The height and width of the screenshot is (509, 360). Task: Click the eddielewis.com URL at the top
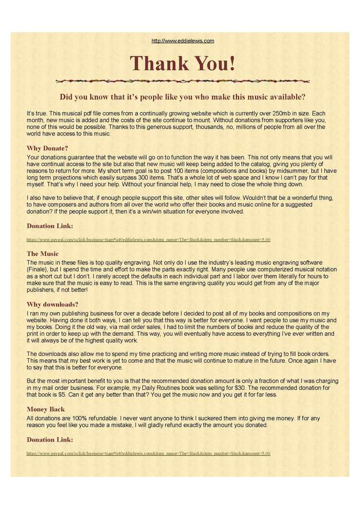tap(183, 40)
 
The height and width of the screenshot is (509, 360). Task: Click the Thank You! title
tap(183, 63)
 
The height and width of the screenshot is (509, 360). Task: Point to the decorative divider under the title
tap(183, 81)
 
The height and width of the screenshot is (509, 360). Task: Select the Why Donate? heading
tap(47, 148)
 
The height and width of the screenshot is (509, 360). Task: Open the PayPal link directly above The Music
tap(148, 240)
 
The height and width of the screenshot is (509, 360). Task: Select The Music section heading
tap(43, 254)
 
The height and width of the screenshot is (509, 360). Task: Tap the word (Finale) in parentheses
tap(38, 270)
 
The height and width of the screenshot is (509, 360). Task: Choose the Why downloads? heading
tap(52, 304)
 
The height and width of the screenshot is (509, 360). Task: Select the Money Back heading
tap(46, 409)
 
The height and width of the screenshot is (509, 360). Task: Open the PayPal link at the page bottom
tap(148, 453)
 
